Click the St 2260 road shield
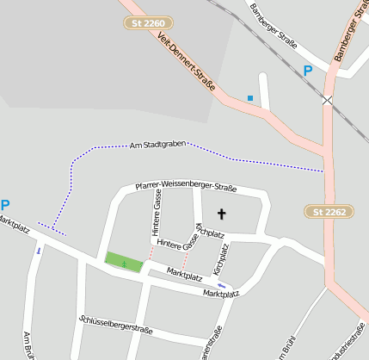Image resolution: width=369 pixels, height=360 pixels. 149,22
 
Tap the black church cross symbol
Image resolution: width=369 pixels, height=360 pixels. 221,214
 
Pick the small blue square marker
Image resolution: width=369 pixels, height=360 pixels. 250,98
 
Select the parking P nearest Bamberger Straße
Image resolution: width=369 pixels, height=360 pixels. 308,71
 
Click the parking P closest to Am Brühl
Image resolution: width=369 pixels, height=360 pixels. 5,206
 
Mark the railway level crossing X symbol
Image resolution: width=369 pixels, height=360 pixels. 327,101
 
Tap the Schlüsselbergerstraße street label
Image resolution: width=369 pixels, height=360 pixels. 115,324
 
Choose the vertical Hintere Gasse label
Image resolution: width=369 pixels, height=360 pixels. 157,213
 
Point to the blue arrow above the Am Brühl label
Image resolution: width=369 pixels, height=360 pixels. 38,251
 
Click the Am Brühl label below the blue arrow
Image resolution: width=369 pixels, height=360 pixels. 28,344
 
